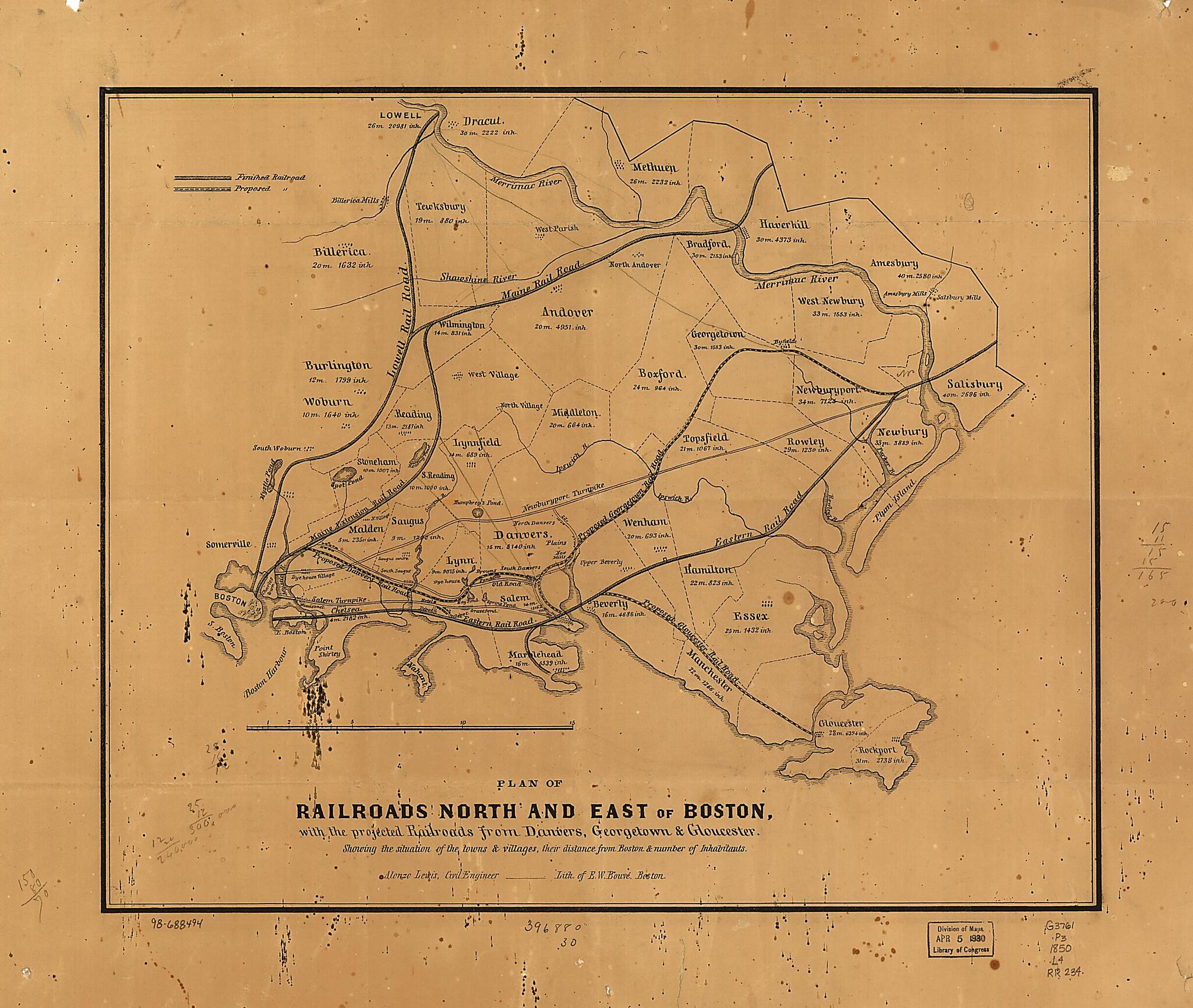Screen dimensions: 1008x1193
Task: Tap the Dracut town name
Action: click(483, 122)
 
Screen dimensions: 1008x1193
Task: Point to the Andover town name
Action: click(567, 312)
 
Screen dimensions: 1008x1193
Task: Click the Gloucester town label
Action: click(841, 724)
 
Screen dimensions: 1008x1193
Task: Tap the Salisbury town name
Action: click(974, 384)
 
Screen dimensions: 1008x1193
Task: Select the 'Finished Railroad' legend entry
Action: click(271, 177)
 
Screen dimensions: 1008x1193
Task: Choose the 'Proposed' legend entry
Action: click(253, 189)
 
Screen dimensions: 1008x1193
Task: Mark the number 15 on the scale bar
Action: click(572, 723)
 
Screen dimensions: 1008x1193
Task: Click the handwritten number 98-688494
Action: click(176, 924)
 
